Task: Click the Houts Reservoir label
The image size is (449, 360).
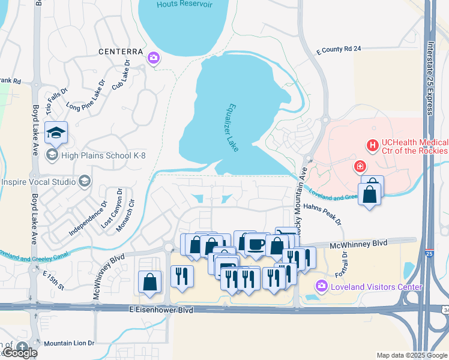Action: pyautogui.click(x=184, y=4)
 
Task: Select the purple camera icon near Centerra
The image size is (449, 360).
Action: pyautogui.click(x=154, y=58)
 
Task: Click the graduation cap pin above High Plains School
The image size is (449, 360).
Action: pyautogui.click(x=56, y=133)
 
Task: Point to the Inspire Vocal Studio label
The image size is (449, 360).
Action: pyautogui.click(x=37, y=181)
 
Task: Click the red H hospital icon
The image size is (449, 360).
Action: pyautogui.click(x=373, y=145)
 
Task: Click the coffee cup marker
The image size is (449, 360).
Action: pyautogui.click(x=255, y=244)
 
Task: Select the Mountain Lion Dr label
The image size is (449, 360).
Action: pyautogui.click(x=69, y=343)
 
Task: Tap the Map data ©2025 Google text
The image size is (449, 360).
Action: pyautogui.click(x=412, y=355)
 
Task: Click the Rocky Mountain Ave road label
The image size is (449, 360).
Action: pyautogui.click(x=304, y=186)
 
